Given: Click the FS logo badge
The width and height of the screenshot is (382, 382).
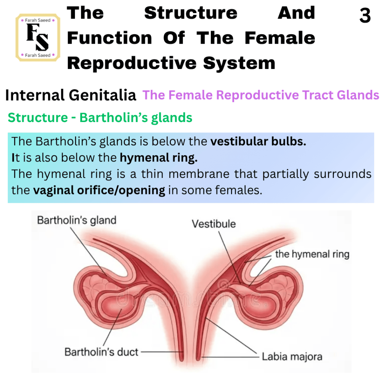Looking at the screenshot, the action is [38, 37].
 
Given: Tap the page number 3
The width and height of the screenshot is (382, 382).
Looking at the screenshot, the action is [365, 15].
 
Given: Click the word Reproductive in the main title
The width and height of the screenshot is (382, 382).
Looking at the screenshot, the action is [132, 63].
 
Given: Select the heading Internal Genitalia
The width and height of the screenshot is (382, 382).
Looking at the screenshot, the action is [71, 95].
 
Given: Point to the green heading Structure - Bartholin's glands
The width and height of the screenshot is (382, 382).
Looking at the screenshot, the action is [100, 118].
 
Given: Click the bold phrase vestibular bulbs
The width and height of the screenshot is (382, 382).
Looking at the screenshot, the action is [258, 141].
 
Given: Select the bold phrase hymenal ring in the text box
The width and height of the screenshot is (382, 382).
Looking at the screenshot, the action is [159, 158].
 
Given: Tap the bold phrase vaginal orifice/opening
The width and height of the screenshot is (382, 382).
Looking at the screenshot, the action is [99, 190].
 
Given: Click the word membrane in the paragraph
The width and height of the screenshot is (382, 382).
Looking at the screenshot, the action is [199, 174].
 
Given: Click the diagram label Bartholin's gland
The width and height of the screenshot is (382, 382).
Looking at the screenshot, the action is [77, 220].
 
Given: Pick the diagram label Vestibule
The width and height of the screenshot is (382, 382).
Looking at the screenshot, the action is [214, 224].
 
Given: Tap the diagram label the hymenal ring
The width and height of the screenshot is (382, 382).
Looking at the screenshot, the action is [312, 254].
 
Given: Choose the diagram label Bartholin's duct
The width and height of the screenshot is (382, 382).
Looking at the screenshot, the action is [101, 352].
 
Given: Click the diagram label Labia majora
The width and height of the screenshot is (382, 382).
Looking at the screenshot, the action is [292, 357].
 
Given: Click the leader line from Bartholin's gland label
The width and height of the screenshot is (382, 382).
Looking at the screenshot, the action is [88, 252].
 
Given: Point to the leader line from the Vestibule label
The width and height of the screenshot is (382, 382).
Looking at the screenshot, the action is [229, 257].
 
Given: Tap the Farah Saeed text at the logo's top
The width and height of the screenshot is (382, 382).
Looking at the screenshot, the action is [38, 20].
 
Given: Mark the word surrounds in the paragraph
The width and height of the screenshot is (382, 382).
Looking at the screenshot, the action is [342, 174].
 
